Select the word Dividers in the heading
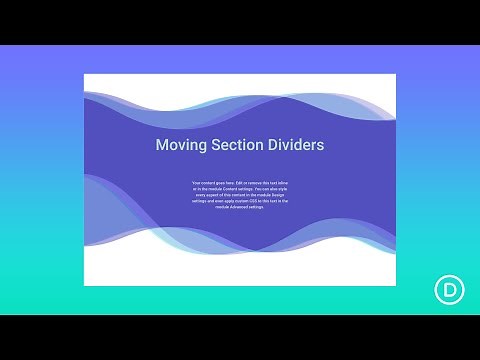(x=295, y=145)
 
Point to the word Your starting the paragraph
(x=195, y=183)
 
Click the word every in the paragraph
(x=199, y=195)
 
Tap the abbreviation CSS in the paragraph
(x=247, y=201)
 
